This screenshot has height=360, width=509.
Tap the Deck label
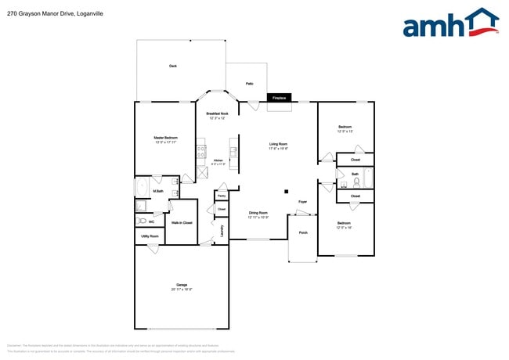tap(172, 67)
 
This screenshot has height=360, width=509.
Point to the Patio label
tap(250, 83)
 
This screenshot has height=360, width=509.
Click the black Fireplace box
tap(280, 98)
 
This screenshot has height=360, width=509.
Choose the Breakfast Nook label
tap(217, 115)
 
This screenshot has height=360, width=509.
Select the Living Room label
tap(278, 145)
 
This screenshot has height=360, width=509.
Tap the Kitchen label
tap(218, 163)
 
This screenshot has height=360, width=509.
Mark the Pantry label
tap(222, 196)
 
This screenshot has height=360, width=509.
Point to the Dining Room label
tap(258, 214)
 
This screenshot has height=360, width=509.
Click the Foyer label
tap(302, 202)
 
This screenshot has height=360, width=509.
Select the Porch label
tap(303, 232)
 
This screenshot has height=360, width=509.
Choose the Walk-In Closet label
tap(182, 223)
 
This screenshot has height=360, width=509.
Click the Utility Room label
tap(150, 236)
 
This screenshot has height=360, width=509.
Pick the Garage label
tap(181, 286)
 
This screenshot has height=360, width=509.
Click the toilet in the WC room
tap(141, 221)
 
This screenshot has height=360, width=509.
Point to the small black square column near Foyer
tap(287, 191)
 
